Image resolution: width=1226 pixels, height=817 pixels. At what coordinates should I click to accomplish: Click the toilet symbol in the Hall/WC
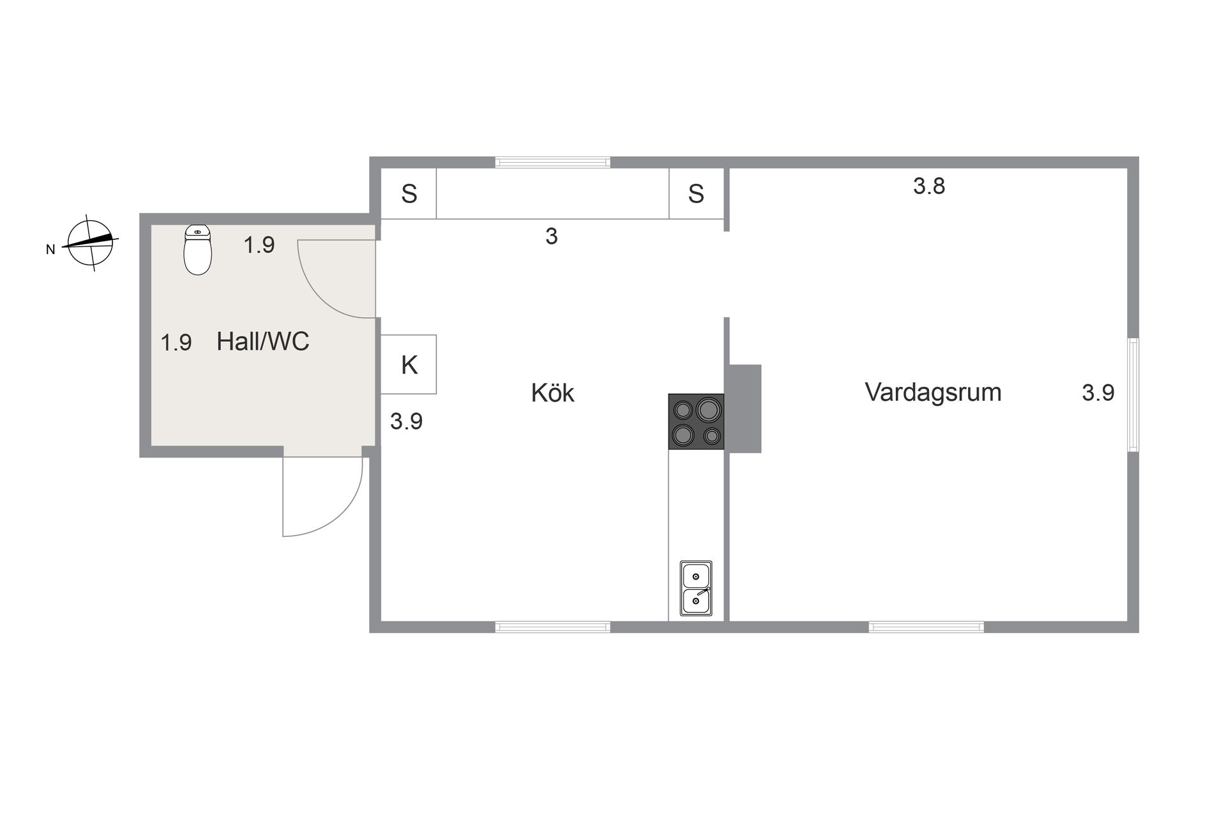(197, 250)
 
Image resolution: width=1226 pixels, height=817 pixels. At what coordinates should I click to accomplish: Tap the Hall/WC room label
(262, 341)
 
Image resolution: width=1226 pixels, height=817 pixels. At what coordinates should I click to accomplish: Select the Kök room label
(552, 393)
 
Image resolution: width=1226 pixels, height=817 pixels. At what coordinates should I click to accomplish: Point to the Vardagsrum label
(933, 392)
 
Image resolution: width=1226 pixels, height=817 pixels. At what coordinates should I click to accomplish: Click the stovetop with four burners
(696, 421)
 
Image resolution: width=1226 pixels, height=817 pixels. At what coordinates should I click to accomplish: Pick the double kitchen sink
(696, 588)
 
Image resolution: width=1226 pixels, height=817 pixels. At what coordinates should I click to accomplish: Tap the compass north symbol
(91, 243)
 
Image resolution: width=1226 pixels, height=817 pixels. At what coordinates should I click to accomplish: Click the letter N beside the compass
(50, 250)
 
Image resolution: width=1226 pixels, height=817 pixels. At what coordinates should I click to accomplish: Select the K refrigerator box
(409, 364)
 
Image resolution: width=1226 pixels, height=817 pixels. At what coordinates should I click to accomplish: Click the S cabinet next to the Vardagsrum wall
(697, 193)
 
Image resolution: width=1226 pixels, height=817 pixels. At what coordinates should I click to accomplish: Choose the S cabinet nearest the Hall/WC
(409, 193)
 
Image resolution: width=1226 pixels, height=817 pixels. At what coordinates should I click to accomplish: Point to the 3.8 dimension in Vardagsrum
(928, 186)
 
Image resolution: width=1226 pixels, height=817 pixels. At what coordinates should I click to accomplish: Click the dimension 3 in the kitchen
(552, 236)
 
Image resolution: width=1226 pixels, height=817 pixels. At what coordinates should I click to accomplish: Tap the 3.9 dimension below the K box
(406, 421)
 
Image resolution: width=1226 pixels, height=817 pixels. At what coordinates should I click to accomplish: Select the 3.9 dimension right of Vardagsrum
(1098, 393)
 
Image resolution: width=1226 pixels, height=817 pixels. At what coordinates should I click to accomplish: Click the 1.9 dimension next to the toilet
(259, 245)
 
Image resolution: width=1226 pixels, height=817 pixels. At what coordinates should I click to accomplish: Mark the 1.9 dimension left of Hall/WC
(176, 343)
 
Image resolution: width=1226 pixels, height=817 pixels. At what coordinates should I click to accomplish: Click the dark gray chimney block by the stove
(745, 408)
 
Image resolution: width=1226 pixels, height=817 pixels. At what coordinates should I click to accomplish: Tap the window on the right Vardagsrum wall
(1133, 394)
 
